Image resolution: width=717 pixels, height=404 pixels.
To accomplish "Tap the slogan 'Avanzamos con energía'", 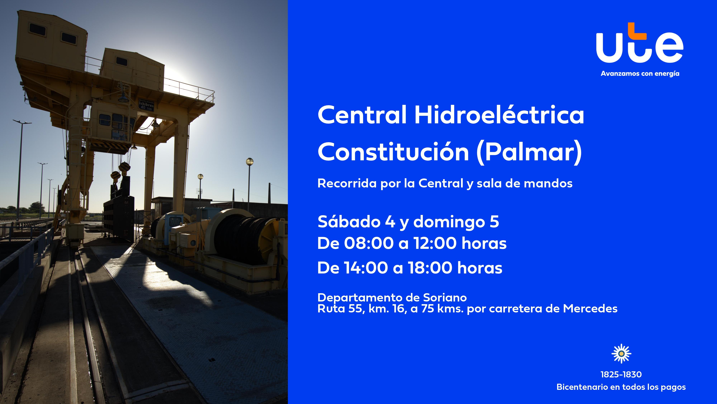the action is click(640, 74).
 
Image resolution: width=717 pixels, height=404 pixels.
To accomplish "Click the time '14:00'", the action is click(365, 268).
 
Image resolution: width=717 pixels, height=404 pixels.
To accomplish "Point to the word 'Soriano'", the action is click(445, 298).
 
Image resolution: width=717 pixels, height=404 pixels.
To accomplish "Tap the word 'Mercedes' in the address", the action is click(590, 309).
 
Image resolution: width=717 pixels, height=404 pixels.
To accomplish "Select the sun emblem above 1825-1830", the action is click(621, 354).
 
